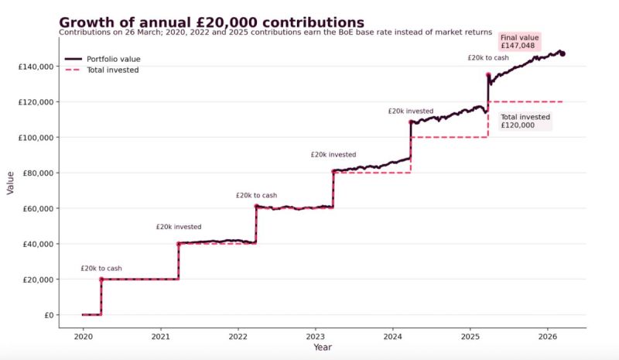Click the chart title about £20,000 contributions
211,22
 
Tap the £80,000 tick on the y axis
36,173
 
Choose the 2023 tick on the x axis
315,337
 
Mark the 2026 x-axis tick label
547,337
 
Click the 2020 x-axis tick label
83,337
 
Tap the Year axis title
323,348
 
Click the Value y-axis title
11,182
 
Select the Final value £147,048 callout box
520,42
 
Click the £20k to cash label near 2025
488,58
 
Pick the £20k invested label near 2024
411,111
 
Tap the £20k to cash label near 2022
256,195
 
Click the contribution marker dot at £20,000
101,279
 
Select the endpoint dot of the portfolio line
563,53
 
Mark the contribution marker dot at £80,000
333,172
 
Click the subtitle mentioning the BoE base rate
275,33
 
